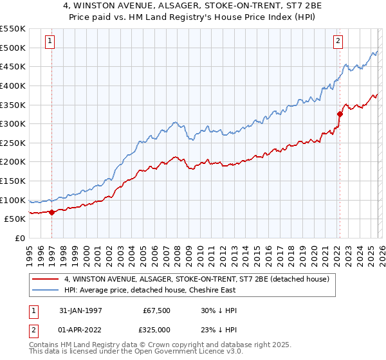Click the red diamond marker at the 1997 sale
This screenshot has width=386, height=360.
click(51, 213)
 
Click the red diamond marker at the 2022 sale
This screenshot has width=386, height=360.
click(338, 114)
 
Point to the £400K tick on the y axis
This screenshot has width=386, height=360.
click(13, 85)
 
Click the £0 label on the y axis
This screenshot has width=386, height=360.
click(20, 238)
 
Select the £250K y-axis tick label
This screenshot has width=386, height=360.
click(13, 143)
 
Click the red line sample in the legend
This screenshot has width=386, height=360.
click(46, 279)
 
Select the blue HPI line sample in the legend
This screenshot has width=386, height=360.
click(46, 290)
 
